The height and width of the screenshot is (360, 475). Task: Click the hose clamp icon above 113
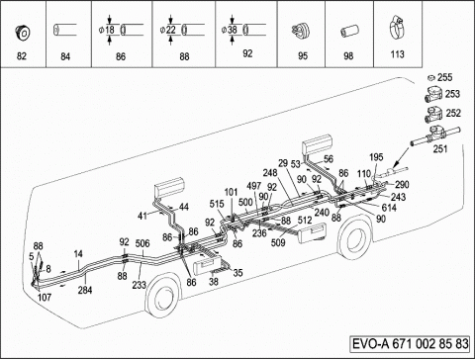(x=397, y=31)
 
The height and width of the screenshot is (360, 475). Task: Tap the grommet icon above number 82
(x=23, y=33)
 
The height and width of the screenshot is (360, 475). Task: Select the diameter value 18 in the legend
(x=110, y=30)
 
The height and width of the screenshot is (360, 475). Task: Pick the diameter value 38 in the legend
(x=233, y=30)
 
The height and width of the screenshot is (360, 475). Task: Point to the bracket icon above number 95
(x=300, y=31)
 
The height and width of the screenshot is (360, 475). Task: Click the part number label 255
(x=445, y=78)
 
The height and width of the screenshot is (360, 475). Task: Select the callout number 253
(x=452, y=94)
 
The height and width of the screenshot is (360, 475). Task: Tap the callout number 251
(x=440, y=148)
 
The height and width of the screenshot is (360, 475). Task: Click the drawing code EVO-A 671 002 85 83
(x=411, y=344)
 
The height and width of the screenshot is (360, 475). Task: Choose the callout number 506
(x=142, y=243)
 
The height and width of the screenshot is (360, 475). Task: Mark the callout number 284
(x=85, y=290)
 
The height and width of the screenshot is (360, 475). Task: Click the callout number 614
(x=389, y=208)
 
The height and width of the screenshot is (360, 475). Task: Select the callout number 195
(x=376, y=157)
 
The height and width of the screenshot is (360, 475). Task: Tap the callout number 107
(x=45, y=298)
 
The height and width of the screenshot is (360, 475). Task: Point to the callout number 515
(x=217, y=204)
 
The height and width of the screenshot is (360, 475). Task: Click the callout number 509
(x=278, y=243)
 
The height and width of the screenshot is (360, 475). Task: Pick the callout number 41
(x=142, y=216)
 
